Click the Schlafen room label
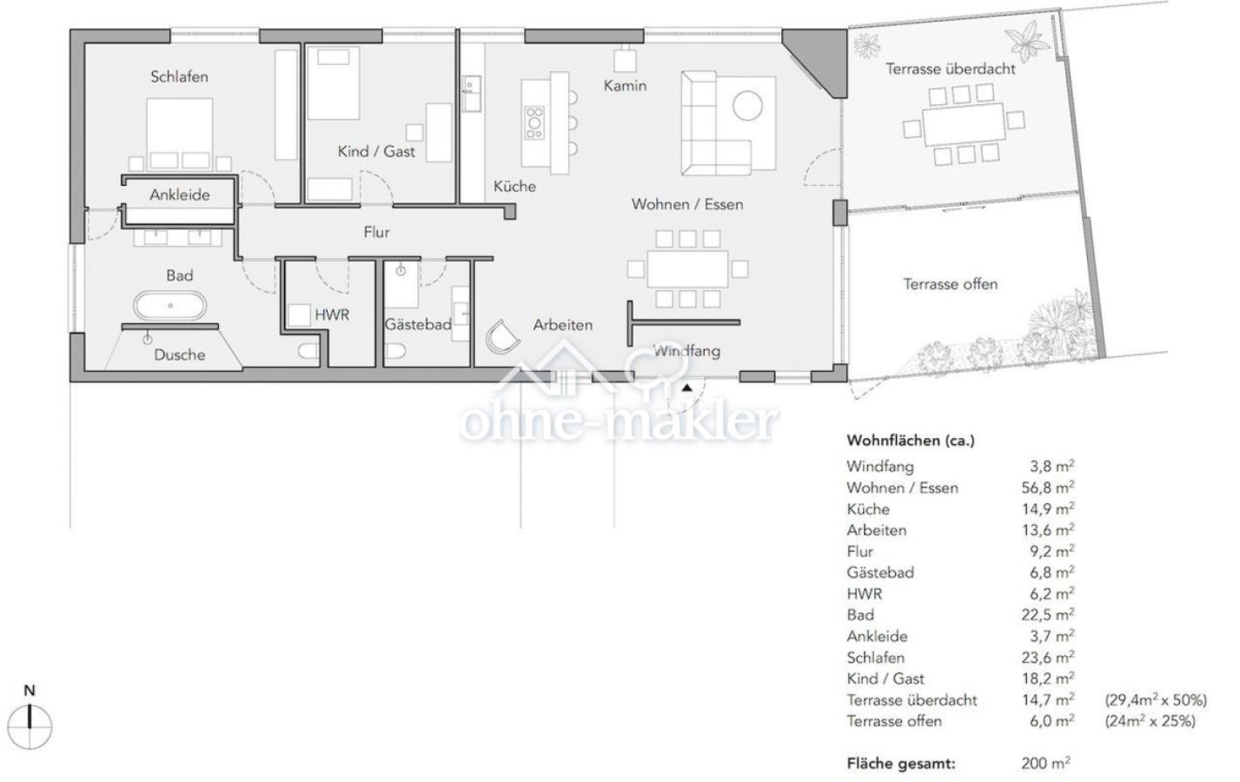[179, 76]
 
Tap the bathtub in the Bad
[170, 306]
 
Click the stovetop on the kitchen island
[534, 123]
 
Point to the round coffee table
[747, 105]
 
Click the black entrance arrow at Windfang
[687, 388]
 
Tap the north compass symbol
[30, 720]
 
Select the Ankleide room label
[179, 195]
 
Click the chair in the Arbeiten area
[502, 336]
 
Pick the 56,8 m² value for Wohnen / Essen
[1047, 487]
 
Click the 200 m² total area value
[1045, 764]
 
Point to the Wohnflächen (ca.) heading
[911, 441]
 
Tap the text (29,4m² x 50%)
[1156, 700]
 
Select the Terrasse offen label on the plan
[951, 284]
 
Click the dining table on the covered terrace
[964, 123]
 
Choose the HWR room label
[332, 315]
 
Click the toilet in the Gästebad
[395, 351]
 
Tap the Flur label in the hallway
[376, 232]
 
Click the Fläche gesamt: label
[901, 764]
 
